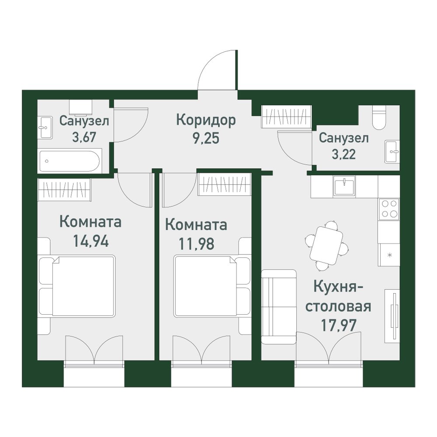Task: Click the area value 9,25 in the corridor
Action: pos(206,138)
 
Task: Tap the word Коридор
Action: pos(206,121)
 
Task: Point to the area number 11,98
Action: pos(197,243)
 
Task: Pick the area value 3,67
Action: pos(84,137)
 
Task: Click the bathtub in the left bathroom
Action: pos(69,161)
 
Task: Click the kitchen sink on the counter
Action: pos(344,187)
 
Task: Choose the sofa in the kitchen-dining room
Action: pos(278,307)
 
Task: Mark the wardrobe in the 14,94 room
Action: pos(64,190)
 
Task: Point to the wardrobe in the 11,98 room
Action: pos(224,184)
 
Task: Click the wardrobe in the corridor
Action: pos(287,117)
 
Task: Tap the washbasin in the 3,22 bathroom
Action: pos(392,152)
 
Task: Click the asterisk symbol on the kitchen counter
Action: pos(390,254)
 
